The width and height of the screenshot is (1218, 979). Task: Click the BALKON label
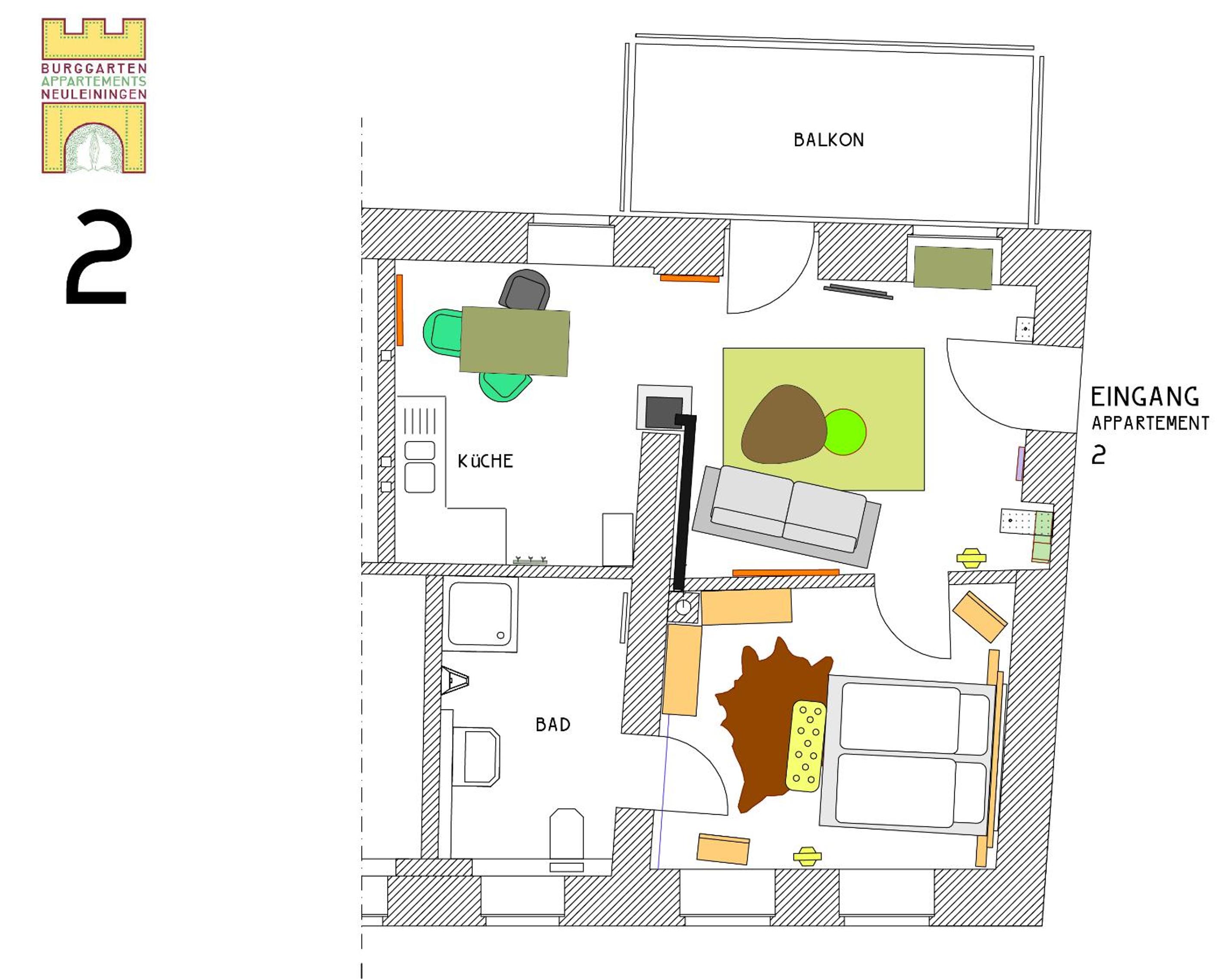[829, 140]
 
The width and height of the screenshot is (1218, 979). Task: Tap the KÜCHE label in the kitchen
[485, 461]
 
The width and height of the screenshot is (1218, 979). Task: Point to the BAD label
[553, 725]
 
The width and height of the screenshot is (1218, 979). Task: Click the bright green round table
[845, 432]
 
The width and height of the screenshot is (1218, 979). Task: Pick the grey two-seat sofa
[787, 515]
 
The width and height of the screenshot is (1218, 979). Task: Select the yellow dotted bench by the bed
[806, 746]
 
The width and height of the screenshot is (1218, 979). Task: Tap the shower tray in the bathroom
[480, 615]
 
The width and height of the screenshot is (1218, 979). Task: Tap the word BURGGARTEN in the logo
[94, 68]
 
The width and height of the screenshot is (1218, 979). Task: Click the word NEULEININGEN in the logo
[94, 94]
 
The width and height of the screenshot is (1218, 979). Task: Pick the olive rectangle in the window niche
[953, 268]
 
